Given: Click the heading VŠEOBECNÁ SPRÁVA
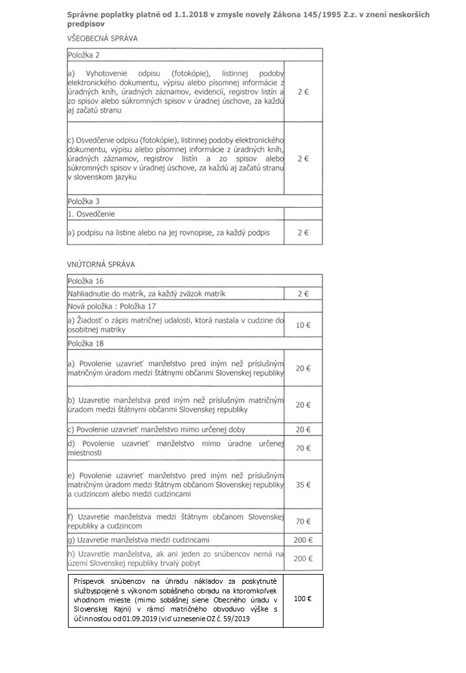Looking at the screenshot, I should coord(102,38).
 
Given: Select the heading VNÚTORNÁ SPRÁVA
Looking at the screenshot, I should coord(101,265).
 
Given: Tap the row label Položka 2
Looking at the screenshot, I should coord(85,57).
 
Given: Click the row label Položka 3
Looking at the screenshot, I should coord(85,201).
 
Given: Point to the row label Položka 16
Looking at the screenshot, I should coord(87,281).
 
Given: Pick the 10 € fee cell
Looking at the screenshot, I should coord(303,324).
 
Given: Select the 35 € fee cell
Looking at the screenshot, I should coord(303,484).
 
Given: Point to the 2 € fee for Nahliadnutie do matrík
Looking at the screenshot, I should coord(303,294).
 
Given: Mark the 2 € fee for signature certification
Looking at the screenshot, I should coord(303,232).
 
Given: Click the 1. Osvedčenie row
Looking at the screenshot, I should coord(91,213).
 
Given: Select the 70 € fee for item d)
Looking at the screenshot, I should coord(303,447).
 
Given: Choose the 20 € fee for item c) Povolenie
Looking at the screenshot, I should coord(303,429).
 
